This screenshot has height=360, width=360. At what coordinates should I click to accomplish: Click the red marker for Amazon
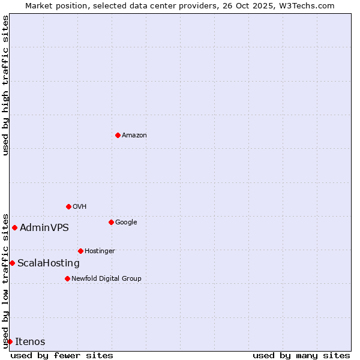point(118,135)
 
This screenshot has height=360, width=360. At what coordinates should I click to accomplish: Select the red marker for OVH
point(68,206)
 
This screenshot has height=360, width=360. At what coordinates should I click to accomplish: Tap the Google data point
point(111,222)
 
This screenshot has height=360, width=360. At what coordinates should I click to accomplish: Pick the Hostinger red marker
point(80,251)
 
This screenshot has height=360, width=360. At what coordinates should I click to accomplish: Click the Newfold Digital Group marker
point(67,278)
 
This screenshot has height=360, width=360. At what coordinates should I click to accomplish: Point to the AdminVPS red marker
point(14,227)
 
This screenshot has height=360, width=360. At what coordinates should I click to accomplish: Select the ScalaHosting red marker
point(12,263)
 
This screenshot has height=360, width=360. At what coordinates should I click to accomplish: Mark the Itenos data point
point(10,341)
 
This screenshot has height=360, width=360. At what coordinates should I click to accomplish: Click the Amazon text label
point(134,136)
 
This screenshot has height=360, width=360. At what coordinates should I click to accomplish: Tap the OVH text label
point(80,207)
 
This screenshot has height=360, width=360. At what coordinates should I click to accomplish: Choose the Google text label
point(126,223)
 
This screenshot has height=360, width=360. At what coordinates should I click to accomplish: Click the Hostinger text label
point(100,251)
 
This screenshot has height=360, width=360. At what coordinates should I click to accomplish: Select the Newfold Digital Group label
point(106,279)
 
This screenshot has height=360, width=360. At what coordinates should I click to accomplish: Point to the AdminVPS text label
point(44,228)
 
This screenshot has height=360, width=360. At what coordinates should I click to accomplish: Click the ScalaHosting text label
point(49,263)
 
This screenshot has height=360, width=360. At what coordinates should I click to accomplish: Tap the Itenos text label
point(30,342)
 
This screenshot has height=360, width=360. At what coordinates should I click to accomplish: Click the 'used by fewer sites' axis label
point(62,356)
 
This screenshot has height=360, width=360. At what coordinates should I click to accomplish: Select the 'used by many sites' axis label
point(301,356)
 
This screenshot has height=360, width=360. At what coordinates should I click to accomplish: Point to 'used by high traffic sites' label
point(6,85)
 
